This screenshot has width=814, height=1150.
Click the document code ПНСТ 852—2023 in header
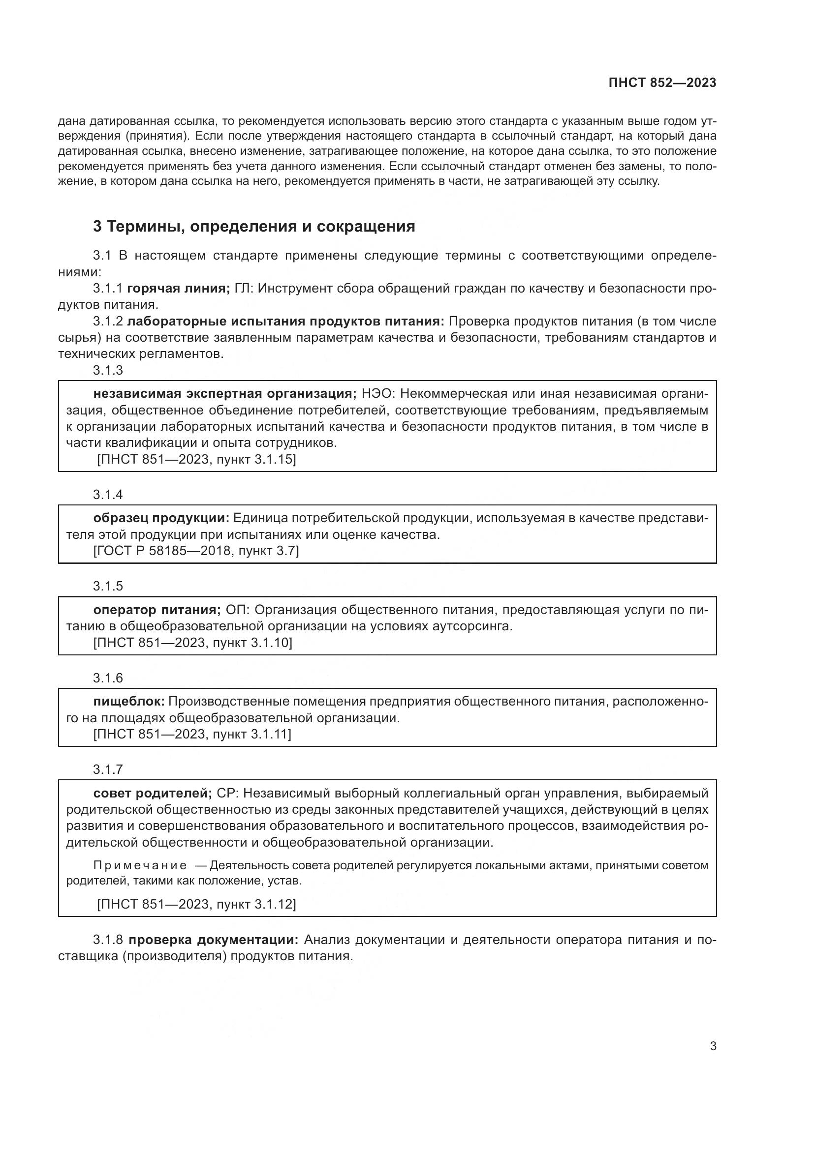click(662, 83)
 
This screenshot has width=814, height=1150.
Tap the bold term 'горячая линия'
click(178, 288)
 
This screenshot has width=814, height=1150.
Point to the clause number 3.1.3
click(108, 370)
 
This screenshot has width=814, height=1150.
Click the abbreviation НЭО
click(377, 394)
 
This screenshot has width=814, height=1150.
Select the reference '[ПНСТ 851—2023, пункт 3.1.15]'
click(196, 459)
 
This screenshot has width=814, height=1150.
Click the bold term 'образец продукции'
click(161, 518)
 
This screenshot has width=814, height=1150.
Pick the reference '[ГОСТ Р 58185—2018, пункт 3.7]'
click(196, 551)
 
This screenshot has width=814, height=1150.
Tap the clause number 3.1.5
click(108, 586)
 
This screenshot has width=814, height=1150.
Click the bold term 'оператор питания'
click(157, 610)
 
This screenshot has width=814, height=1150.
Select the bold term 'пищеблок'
click(129, 701)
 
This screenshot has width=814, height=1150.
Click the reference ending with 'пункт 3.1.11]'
click(192, 734)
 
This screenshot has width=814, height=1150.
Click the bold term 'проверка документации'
click(213, 940)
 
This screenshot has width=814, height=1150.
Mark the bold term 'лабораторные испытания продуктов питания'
click(285, 321)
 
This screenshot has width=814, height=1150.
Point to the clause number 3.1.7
click(108, 769)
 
